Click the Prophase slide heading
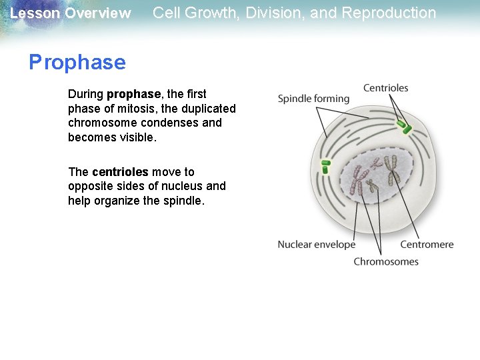(77, 63)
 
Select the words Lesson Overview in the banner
(71, 13)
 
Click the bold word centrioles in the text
(120, 172)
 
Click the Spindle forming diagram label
(313, 99)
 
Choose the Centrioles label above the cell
(385, 88)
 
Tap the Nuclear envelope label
(316, 245)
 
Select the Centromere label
(427, 245)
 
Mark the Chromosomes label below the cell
(385, 261)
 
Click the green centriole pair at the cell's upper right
(402, 126)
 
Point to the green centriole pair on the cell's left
(325, 166)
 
